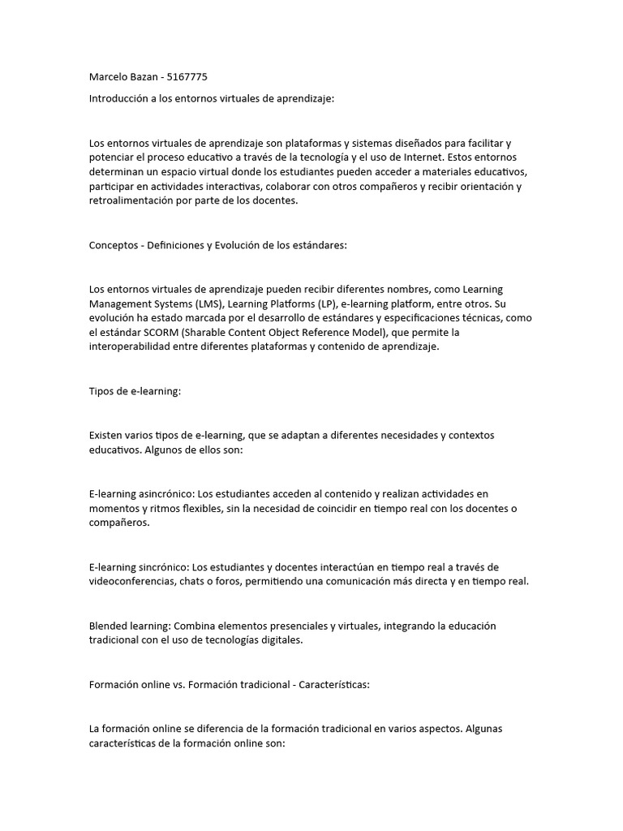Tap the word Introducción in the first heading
coord(119,98)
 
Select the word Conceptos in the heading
coord(113,245)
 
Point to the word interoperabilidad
coord(132,347)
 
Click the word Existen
coord(107,435)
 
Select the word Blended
coord(109,626)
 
